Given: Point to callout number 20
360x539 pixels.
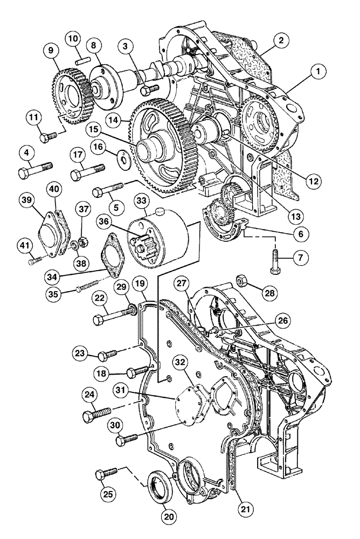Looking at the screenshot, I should (x=169, y=516).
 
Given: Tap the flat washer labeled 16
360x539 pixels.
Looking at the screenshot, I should (x=123, y=159).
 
